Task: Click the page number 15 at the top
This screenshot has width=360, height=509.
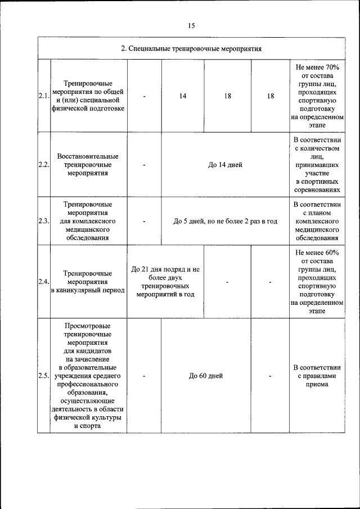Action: (x=191, y=26)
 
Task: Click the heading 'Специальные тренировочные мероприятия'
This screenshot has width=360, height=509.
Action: (x=191, y=49)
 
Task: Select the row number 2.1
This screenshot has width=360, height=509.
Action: (x=44, y=96)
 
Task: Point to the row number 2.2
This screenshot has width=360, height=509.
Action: (x=44, y=165)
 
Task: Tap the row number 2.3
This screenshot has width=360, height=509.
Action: (x=44, y=222)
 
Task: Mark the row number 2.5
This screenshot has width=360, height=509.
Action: (x=44, y=376)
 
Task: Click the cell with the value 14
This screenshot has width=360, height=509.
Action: (x=183, y=96)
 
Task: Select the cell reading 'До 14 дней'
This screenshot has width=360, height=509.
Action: (x=225, y=165)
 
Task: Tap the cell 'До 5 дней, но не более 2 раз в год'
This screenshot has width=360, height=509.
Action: (x=225, y=222)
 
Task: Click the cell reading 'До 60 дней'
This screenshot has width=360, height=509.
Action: (x=206, y=376)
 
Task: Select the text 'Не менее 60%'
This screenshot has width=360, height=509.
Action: (x=317, y=252)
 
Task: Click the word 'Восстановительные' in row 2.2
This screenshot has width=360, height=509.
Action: (x=88, y=156)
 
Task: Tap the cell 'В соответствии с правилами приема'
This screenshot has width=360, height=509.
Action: (x=317, y=376)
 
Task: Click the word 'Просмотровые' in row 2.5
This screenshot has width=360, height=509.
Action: (x=88, y=326)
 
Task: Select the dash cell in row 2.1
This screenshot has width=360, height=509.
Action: (x=145, y=96)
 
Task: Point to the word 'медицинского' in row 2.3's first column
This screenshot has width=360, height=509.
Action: (x=88, y=229)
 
